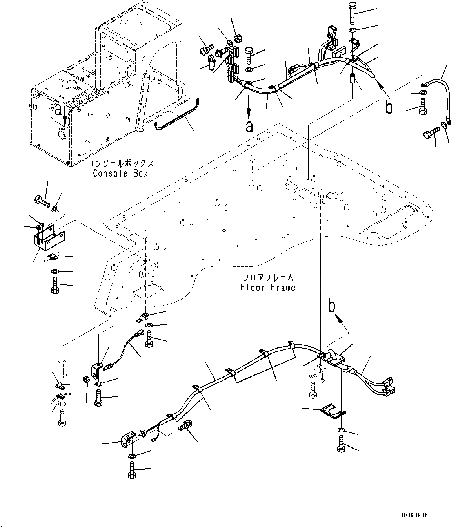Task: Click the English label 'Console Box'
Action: click(120, 173)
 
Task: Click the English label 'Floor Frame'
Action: click(268, 288)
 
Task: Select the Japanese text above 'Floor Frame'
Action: click(268, 278)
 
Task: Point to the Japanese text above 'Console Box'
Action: click(120, 164)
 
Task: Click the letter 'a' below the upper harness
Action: click(249, 126)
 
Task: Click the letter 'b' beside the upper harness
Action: click(389, 107)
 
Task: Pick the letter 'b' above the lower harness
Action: click(332, 307)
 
